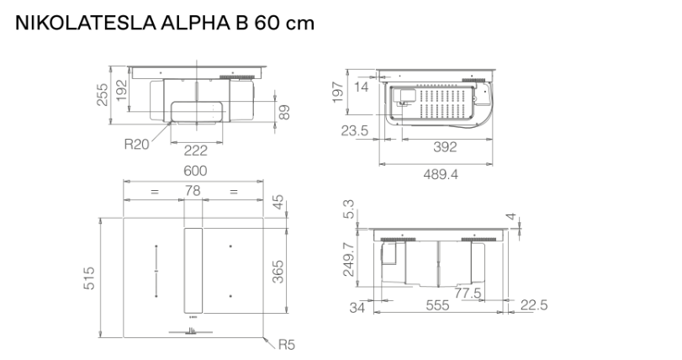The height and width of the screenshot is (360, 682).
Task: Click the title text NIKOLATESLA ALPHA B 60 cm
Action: coord(165,23)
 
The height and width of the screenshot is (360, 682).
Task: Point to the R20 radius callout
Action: coord(136,144)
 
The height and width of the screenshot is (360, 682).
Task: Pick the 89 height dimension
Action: coord(283,112)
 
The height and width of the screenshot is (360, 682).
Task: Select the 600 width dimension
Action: coord(196,171)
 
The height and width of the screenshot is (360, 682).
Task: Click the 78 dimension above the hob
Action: coord(193,192)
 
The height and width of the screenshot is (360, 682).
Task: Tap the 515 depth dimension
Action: coord(90,277)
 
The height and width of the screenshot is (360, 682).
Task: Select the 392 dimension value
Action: coord(444,147)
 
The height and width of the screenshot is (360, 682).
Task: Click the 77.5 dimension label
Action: coord(472,294)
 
